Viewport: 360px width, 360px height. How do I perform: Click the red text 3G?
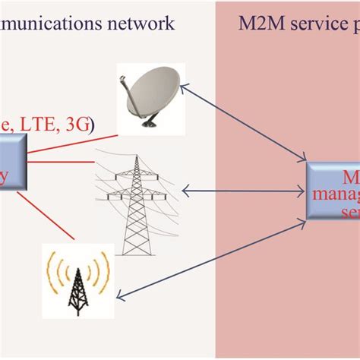point(77,125)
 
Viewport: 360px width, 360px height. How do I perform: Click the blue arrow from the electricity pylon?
point(243,191)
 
